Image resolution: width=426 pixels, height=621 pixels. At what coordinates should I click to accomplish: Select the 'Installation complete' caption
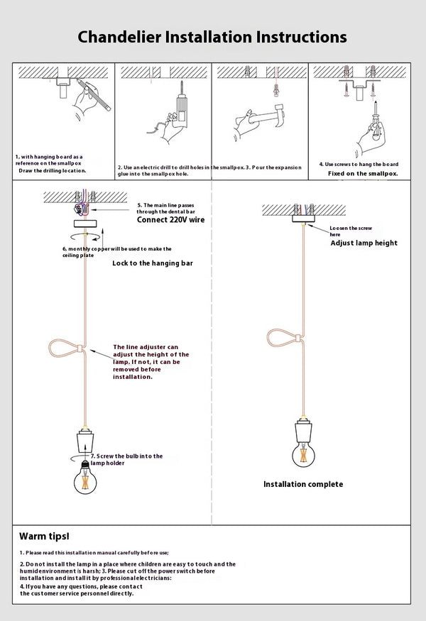[303, 484]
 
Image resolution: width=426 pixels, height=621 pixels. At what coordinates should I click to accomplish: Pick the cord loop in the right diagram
[283, 335]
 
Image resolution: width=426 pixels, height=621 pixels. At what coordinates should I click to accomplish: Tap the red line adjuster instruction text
[151, 362]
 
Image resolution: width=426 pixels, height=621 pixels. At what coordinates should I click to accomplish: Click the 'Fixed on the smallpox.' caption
[363, 173]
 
